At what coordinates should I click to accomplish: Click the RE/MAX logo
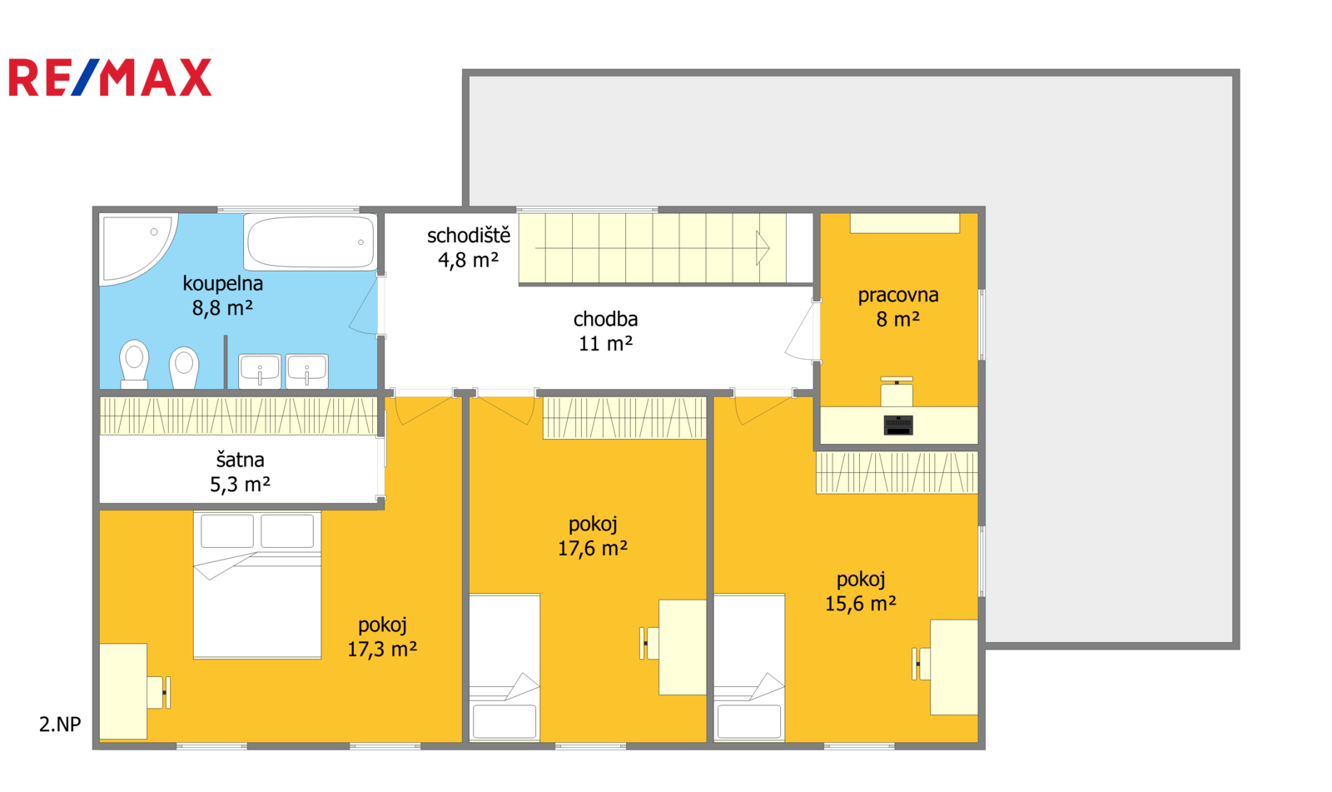point(110,77)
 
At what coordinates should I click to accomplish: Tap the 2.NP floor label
point(60,725)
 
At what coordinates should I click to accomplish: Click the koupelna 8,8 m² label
point(223,295)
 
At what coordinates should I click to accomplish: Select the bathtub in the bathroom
point(311,242)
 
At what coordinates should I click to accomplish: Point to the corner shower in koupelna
point(138,248)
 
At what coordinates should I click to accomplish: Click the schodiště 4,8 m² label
point(469,247)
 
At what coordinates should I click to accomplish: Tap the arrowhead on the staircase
point(763,247)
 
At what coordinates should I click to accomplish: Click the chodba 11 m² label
point(605,331)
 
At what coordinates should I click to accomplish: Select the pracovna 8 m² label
point(898,306)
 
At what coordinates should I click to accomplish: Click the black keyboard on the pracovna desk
point(898,425)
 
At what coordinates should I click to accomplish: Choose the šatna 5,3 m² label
point(241,472)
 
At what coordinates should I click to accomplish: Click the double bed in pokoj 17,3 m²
point(257,585)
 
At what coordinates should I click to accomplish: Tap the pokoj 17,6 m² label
point(592,535)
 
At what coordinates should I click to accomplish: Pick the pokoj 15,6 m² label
point(861,590)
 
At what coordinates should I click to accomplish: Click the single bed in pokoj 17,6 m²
point(504,667)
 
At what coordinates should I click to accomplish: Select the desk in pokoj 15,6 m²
point(954,667)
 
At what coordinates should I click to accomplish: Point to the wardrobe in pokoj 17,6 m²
point(624,418)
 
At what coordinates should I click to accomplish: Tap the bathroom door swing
point(363,306)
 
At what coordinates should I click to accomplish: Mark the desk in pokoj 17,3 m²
point(123,691)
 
